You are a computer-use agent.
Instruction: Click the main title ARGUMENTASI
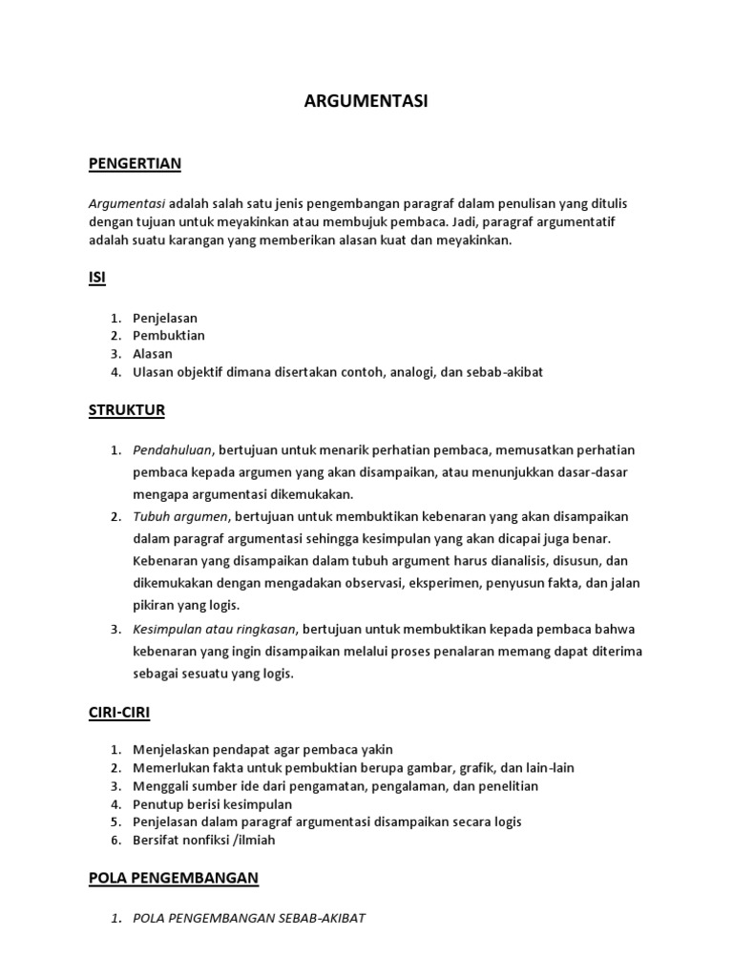366,102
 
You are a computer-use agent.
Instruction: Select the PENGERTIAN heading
135,164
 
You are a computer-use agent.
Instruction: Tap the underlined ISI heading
96,278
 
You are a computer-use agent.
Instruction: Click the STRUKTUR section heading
127,410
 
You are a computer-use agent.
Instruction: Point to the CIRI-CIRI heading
119,712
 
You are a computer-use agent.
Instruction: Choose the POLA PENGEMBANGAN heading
174,877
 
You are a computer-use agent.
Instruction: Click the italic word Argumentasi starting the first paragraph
127,205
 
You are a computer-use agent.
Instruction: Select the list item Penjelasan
165,318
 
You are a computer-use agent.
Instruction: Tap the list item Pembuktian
169,336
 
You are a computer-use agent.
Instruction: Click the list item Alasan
153,354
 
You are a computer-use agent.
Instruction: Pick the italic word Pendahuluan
174,450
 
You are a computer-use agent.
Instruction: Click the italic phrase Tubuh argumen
180,517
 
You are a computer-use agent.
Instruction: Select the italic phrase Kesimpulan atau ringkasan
215,630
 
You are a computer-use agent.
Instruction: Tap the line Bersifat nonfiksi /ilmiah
204,841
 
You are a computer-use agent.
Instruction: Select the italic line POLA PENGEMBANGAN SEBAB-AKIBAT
249,919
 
